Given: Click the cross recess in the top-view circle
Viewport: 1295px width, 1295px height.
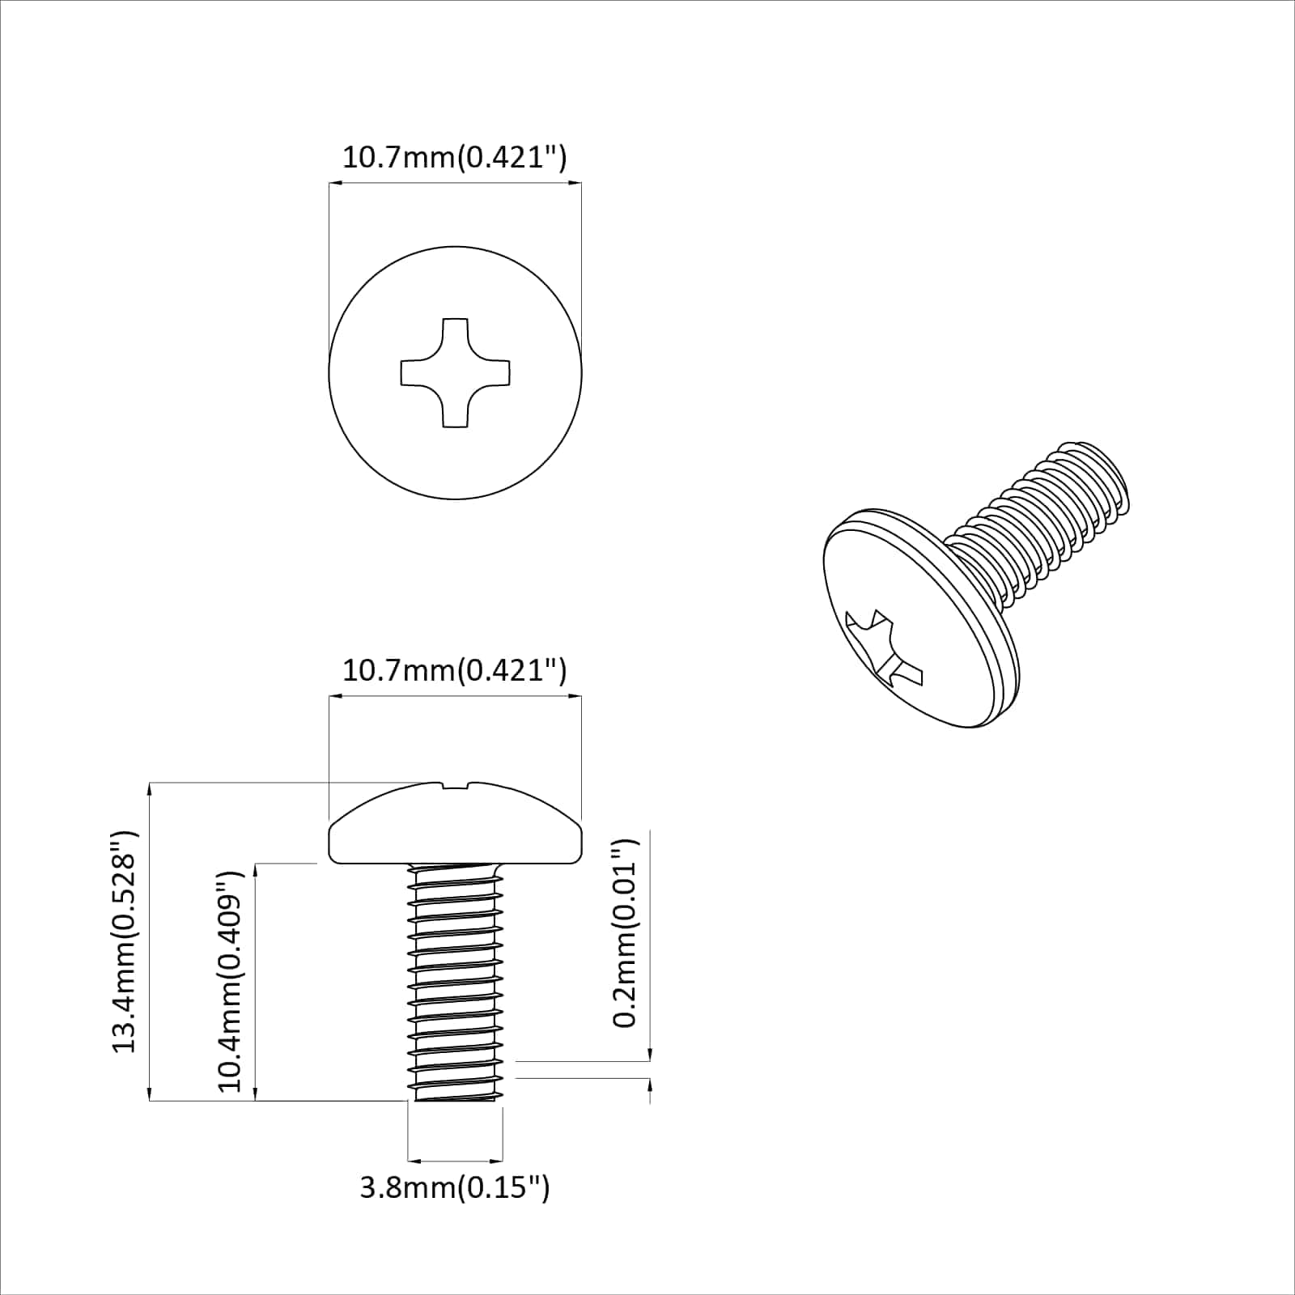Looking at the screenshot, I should [456, 372].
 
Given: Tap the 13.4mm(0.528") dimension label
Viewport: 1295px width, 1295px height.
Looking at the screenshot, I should [125, 941].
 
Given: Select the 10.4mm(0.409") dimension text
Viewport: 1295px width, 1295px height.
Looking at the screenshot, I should [231, 982].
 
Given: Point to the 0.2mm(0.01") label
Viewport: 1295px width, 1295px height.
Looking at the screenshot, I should [625, 933].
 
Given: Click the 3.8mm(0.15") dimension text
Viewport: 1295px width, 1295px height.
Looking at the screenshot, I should [455, 1188].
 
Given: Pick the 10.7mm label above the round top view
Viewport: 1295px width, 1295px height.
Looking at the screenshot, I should [455, 157].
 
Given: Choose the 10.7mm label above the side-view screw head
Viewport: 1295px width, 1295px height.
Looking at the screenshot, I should [455, 670].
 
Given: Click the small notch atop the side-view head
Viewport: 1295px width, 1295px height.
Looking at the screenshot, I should [456, 784].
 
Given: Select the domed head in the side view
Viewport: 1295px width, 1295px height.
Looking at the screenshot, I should [456, 826].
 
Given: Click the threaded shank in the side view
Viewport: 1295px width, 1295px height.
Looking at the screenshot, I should [454, 983].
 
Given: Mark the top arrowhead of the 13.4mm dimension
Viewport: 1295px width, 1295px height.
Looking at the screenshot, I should [151, 789].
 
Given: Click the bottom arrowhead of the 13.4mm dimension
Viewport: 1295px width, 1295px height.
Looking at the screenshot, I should [151, 1094].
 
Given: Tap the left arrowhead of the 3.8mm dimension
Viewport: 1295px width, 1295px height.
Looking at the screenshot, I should [413, 1159].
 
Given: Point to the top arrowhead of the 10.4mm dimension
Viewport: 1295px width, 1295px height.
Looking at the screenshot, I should [256, 871].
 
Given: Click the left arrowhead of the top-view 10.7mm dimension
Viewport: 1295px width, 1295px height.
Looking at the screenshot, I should [335, 184].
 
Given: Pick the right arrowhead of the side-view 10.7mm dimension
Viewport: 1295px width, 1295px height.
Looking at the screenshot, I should [575, 695].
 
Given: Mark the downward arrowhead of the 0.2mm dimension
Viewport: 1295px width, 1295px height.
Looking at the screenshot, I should [650, 1054].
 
